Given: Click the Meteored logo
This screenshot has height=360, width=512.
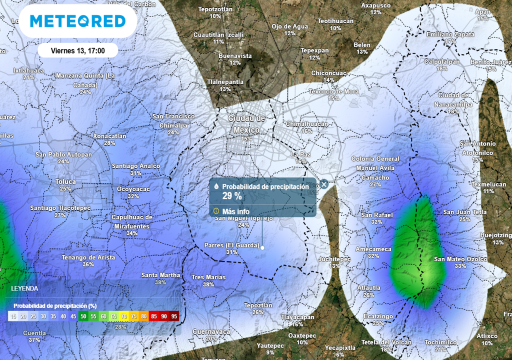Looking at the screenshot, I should click(x=77, y=21).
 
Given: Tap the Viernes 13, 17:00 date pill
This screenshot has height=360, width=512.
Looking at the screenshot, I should click(x=77, y=50).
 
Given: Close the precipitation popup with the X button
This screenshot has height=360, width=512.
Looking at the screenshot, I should click(x=324, y=184).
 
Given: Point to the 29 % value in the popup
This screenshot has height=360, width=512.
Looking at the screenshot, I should click(x=232, y=195).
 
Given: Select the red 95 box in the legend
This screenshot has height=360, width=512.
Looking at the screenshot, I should click(x=174, y=316).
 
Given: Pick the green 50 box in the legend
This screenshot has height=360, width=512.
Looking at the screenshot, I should click(x=83, y=316).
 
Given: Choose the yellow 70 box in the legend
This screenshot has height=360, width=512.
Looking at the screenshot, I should click(x=123, y=316).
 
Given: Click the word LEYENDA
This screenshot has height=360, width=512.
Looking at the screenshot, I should click(x=24, y=289).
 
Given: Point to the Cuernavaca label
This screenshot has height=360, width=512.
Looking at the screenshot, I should click(x=211, y=331).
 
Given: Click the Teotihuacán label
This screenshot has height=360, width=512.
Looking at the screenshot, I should click(x=335, y=21).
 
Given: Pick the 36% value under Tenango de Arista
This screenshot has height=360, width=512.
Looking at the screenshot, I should click(x=88, y=264).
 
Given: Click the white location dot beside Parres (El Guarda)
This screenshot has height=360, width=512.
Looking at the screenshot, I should click(x=262, y=247).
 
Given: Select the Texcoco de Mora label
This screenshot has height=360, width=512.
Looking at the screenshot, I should click(x=333, y=91).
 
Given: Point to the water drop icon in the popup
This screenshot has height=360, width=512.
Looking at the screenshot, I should click(x=216, y=186).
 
